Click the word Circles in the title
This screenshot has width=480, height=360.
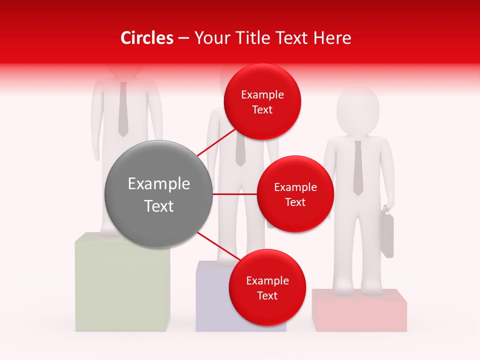click(x=147, y=38)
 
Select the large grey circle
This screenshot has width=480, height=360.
click(x=158, y=194)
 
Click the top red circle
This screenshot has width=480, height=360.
click(x=262, y=102)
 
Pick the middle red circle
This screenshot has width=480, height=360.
click(x=295, y=194)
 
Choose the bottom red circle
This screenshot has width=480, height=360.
click(x=267, y=287)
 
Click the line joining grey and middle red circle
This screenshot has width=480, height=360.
click(x=234, y=194)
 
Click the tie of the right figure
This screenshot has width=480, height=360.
click(x=357, y=167)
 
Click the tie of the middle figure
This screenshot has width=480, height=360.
click(x=240, y=150)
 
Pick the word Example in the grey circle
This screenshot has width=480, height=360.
click(x=158, y=184)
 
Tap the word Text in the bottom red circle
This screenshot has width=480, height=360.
click(x=267, y=295)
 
